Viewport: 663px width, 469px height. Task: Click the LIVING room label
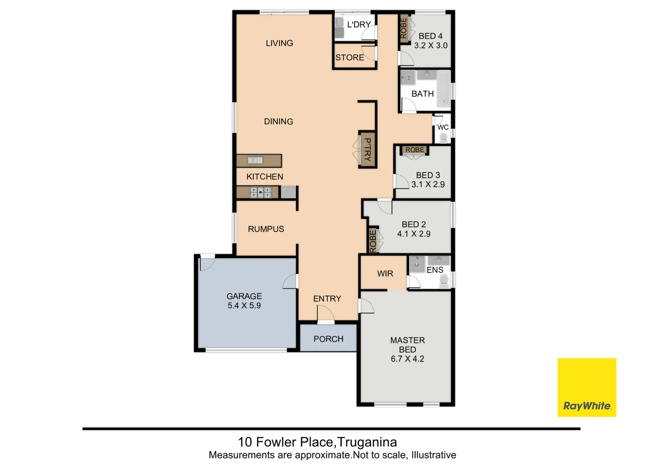coord(279,43)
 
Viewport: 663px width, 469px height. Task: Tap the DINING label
coord(278,122)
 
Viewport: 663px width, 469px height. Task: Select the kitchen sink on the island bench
coord(255,161)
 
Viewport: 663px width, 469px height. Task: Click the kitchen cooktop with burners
coord(260,192)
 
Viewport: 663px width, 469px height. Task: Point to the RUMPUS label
coord(266,229)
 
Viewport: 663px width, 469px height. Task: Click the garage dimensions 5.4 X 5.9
coord(244,306)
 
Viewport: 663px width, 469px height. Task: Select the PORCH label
coord(328,339)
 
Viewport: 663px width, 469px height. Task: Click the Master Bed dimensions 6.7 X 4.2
coord(407,359)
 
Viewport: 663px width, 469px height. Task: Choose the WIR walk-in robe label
coord(385,274)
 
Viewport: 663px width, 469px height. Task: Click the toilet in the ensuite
coord(444,282)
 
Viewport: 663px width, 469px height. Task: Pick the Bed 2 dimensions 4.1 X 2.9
coord(414,234)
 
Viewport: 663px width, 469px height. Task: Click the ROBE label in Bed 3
coord(415,150)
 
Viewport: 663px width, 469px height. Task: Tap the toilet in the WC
coord(443,138)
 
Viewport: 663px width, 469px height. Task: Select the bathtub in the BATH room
coord(444,89)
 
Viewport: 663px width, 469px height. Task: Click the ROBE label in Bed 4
coord(404,28)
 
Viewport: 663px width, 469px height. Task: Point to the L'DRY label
coord(359,25)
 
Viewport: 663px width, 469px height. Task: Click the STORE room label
coord(350,57)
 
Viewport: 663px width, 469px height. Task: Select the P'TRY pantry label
coord(368,149)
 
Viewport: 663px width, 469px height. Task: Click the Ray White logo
coord(587,387)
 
